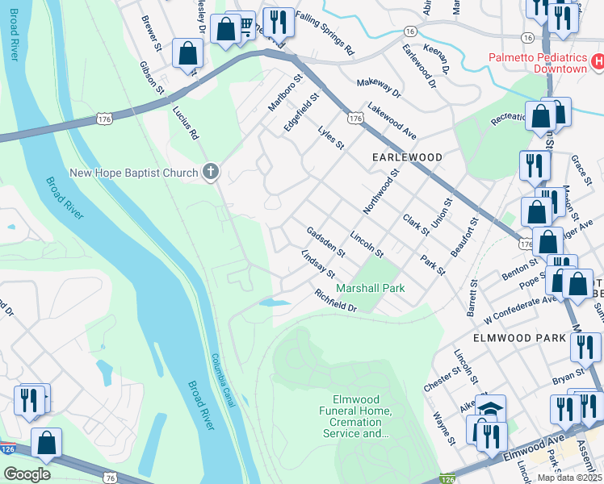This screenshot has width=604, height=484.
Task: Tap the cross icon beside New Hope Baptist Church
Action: pyautogui.click(x=211, y=171)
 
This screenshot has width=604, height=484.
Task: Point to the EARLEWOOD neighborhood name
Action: pyautogui.click(x=407, y=156)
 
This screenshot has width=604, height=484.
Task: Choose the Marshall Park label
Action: pyautogui.click(x=371, y=288)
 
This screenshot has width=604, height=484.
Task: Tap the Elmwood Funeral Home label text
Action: pyautogui.click(x=362, y=416)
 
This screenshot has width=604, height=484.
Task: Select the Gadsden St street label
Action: pyautogui.click(x=325, y=241)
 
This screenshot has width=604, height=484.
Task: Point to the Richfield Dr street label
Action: pyautogui.click(x=336, y=301)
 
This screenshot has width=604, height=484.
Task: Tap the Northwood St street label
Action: pyautogui.click(x=382, y=191)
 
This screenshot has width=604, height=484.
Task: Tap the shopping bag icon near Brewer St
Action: pyautogui.click(x=188, y=56)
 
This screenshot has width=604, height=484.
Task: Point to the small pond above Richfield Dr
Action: pyautogui.click(x=275, y=303)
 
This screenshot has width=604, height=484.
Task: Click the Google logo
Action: pyautogui.click(x=27, y=474)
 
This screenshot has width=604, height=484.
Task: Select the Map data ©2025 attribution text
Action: pyautogui.click(x=568, y=478)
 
